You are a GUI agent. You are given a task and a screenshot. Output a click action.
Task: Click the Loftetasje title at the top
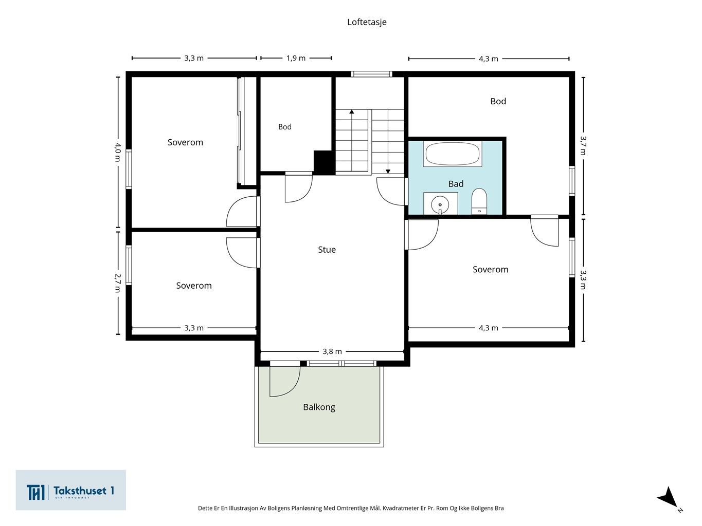(x=367, y=22)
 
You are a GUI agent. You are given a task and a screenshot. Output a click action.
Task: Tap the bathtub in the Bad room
(x=452, y=154)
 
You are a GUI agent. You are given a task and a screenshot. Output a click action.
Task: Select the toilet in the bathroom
(x=479, y=201)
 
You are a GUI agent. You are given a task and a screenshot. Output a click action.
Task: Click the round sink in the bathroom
(x=440, y=204)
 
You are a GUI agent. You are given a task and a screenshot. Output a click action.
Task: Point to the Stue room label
(x=327, y=250)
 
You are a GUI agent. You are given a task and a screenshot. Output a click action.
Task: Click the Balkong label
(x=319, y=407)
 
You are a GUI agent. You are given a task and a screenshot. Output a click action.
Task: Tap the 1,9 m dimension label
(x=296, y=58)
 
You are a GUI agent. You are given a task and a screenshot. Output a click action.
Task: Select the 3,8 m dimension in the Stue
(x=332, y=351)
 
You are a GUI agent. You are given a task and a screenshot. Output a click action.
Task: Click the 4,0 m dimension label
(x=118, y=152)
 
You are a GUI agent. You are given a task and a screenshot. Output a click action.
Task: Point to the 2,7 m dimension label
(x=118, y=283)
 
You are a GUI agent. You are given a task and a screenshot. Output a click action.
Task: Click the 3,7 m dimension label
(x=583, y=146)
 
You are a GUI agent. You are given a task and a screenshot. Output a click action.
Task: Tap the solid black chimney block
(x=324, y=162)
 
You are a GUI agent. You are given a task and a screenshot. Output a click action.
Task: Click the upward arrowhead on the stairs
(x=352, y=112)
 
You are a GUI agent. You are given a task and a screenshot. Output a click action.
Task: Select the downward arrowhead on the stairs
(x=388, y=172)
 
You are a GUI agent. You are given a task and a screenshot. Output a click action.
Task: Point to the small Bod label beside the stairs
(x=284, y=127)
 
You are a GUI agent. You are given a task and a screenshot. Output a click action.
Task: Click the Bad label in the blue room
(x=456, y=183)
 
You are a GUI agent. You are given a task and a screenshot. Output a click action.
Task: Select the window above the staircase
(x=371, y=74)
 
